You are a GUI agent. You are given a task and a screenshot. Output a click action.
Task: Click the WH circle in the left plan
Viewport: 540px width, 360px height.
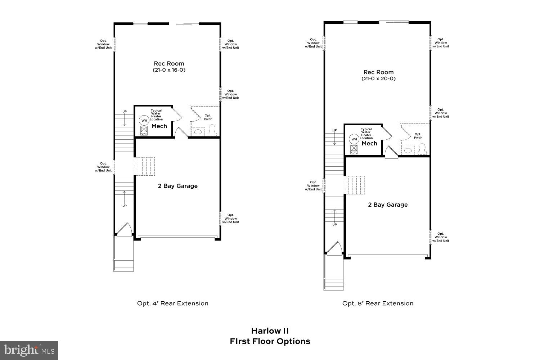pos(144,121)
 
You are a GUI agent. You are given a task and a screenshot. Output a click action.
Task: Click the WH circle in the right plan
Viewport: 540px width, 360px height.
pos(354,139)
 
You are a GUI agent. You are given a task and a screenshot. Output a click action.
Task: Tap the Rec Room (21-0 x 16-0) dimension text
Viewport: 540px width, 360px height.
pos(169,70)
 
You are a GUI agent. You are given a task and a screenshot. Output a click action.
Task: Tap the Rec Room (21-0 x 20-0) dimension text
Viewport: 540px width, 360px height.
pos(378,78)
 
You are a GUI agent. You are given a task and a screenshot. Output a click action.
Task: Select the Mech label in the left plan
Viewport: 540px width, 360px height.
pos(159,126)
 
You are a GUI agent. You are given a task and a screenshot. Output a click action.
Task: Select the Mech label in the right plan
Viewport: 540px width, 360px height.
pos(369,143)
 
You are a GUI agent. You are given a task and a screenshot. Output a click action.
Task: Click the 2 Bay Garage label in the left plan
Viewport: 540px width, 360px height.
pos(178,186)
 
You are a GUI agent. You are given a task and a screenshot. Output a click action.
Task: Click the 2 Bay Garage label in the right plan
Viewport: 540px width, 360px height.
pos(388,204)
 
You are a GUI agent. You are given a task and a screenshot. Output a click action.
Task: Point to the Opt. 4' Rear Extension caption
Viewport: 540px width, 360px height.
pos(173,303)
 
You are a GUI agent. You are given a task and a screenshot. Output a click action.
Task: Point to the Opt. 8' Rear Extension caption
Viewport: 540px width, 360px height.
pos(378,303)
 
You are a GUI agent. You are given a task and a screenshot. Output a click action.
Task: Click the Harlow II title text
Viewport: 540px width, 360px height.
pos(270,330)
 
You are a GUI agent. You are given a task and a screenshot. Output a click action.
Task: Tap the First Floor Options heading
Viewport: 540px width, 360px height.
pos(270,341)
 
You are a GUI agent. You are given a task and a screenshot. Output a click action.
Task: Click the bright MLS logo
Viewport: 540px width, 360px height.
pos(29,350)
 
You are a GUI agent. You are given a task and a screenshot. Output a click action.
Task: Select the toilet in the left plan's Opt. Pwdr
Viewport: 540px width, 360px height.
pos(212,130)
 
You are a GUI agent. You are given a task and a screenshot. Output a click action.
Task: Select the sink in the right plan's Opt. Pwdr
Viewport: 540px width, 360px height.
pos(408,150)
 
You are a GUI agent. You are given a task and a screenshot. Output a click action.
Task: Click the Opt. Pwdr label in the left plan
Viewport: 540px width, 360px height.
pos(208,117)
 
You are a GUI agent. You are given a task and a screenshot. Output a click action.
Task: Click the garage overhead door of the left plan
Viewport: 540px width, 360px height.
pos(177,237)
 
